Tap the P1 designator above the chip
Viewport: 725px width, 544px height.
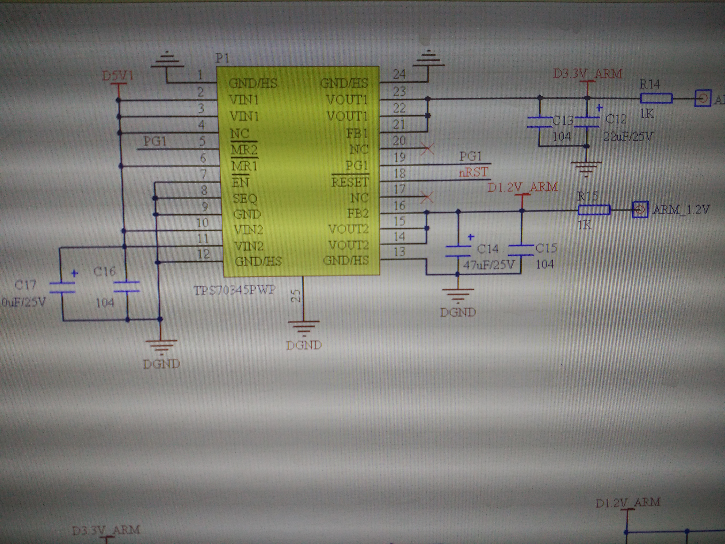[222, 58]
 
